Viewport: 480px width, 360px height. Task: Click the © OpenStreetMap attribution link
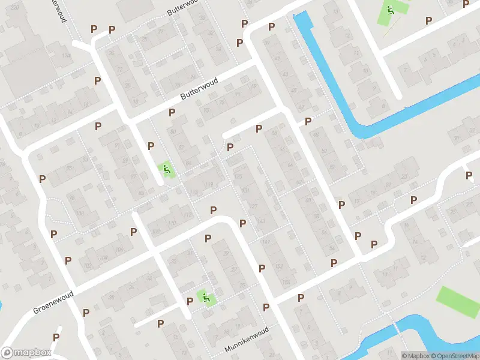click(455, 356)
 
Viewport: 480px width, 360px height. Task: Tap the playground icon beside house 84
click(166, 170)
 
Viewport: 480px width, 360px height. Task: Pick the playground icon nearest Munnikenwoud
click(206, 298)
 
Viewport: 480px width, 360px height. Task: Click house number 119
click(209, 185)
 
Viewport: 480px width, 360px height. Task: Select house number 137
click(253, 206)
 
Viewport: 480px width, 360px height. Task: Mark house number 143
click(260, 221)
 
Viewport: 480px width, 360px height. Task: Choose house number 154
click(286, 282)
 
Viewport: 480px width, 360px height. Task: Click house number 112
click(188, 215)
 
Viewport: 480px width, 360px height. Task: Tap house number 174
click(65, 56)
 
